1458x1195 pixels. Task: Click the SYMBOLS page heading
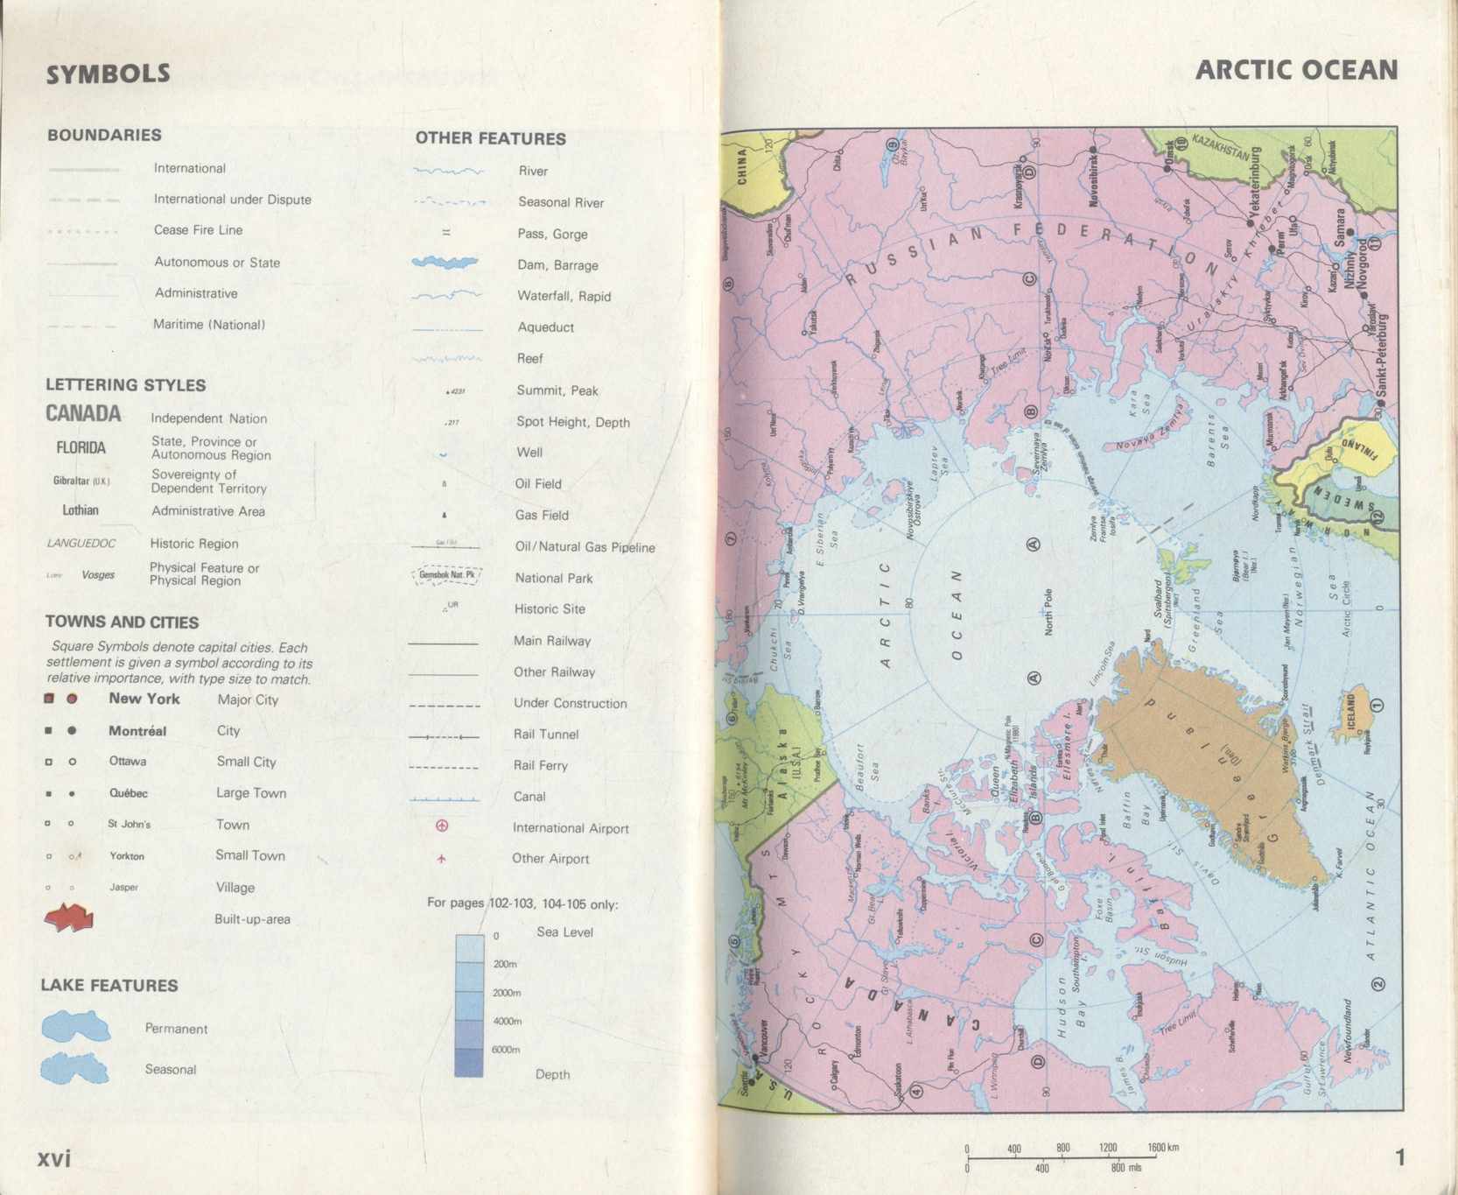pos(109,74)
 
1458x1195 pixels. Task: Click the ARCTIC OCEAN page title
pos(1296,70)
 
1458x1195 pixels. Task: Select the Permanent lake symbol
pos(76,1027)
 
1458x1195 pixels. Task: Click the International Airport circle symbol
pos(442,826)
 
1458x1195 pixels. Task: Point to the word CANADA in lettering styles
pos(83,413)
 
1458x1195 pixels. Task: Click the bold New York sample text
pos(144,699)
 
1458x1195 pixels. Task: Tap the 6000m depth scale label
pos(506,1049)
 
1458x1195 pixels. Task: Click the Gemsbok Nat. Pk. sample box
pos(446,575)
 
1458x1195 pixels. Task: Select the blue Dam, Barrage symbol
pos(445,263)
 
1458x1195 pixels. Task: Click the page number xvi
pos(53,1158)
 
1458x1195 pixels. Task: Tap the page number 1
pos(1399,1157)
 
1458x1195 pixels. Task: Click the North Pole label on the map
pos(1048,612)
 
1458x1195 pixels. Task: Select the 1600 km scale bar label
pos(1163,1147)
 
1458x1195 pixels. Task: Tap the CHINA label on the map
pos(742,166)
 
